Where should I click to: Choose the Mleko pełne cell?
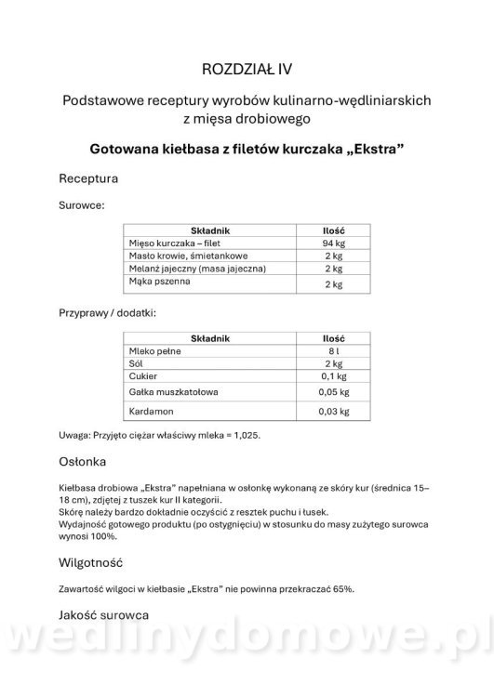click(150, 351)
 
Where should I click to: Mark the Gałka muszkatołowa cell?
click(172, 393)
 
